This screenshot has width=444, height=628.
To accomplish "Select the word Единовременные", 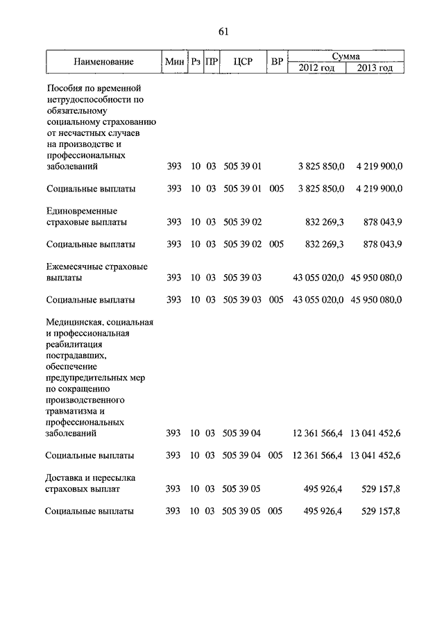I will [81, 210].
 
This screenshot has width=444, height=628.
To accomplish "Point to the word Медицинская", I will [74, 322].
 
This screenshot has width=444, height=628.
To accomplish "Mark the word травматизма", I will [74, 411].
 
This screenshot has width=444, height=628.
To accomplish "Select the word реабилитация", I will [75, 344].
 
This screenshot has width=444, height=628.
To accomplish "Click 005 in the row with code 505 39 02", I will [276, 244].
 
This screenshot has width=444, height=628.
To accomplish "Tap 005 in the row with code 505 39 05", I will [276, 511].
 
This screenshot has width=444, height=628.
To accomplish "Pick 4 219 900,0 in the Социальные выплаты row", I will [379, 189].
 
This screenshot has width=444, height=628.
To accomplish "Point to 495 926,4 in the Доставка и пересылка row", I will [323, 489].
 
